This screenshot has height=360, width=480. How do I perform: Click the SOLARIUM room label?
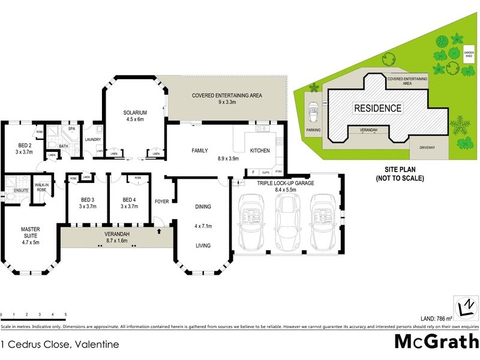click(x=135, y=112)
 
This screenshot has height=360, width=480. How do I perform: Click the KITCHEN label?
click(x=260, y=151)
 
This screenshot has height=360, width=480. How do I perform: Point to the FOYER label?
click(x=161, y=201)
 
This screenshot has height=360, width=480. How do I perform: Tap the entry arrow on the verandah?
click(x=158, y=231)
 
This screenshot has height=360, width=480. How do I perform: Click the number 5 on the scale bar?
click(x=65, y=314)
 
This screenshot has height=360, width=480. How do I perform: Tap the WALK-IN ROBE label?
click(x=42, y=187)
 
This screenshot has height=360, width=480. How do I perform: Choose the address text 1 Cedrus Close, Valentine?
click(x=59, y=344)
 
